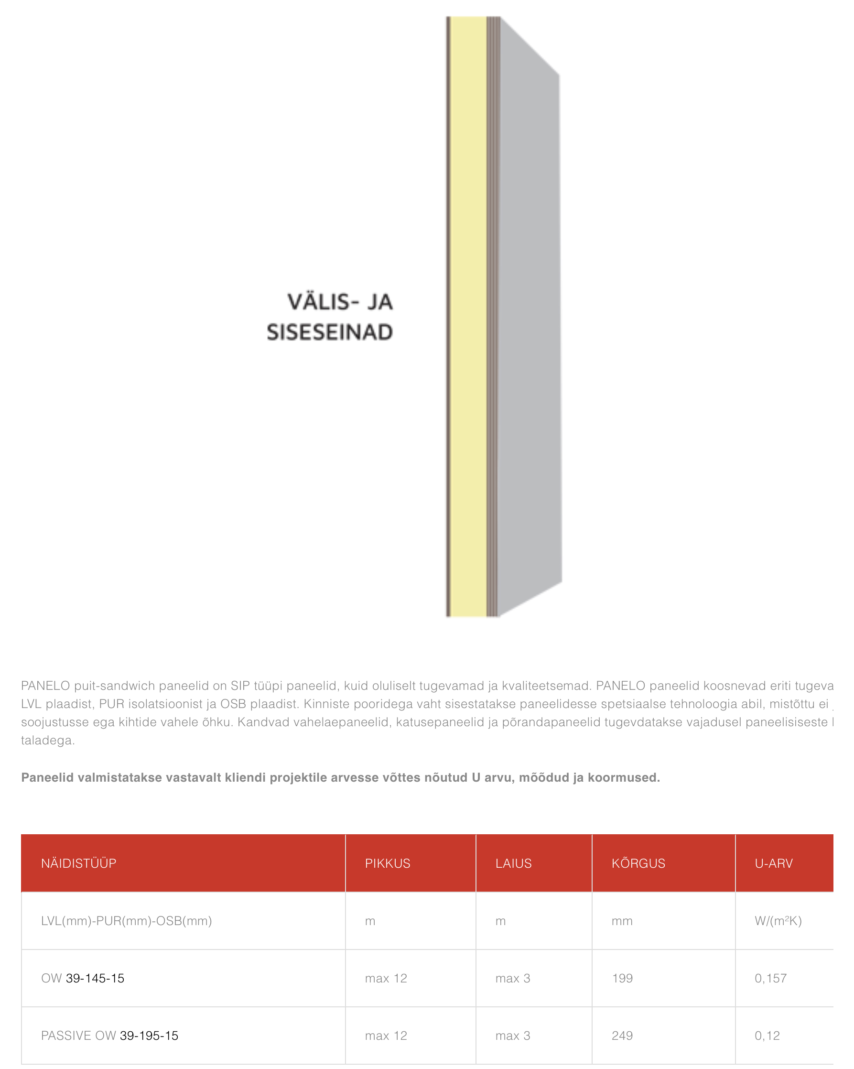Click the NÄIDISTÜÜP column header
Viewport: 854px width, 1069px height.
pyautogui.click(x=79, y=863)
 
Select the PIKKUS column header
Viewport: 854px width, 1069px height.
pyautogui.click(x=388, y=863)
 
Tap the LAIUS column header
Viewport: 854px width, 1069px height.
pyautogui.click(x=513, y=863)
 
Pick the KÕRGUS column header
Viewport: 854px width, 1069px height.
pyautogui.click(x=638, y=863)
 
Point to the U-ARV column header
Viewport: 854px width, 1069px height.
pyautogui.click(x=774, y=863)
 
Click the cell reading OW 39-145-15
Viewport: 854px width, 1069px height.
pyautogui.click(x=83, y=978)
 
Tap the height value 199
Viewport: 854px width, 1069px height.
pyautogui.click(x=623, y=978)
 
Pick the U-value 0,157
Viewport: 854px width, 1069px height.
pyautogui.click(x=771, y=978)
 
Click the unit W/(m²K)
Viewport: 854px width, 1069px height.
pyautogui.click(x=778, y=921)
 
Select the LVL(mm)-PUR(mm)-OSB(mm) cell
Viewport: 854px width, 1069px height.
pyautogui.click(x=126, y=921)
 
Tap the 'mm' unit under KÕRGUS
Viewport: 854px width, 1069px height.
pyautogui.click(x=622, y=921)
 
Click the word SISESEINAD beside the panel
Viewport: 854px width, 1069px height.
pyautogui.click(x=330, y=332)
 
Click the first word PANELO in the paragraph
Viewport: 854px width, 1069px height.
pyautogui.click(x=45, y=686)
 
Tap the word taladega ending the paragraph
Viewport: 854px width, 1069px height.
pyautogui.click(x=48, y=740)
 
